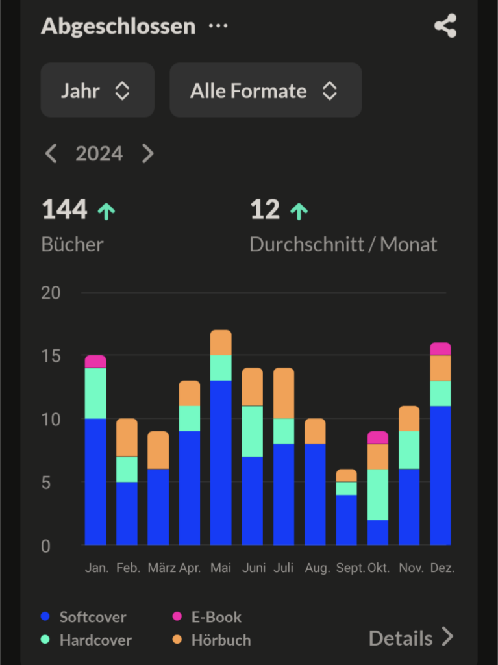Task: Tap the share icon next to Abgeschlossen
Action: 445,26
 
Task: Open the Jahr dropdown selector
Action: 97,90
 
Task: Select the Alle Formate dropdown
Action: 265,90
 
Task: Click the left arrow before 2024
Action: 51,154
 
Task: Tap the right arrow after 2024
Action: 148,154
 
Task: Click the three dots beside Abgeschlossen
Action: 218,26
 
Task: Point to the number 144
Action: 64,210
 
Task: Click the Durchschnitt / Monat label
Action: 343,245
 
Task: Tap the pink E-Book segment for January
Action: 95,361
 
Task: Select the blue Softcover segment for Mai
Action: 221,462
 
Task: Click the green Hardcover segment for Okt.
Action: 378,494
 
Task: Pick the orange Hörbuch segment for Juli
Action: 284,393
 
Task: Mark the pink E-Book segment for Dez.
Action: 440,349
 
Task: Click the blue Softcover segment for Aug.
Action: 315,494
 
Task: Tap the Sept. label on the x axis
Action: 351,568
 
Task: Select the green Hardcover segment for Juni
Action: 253,431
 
